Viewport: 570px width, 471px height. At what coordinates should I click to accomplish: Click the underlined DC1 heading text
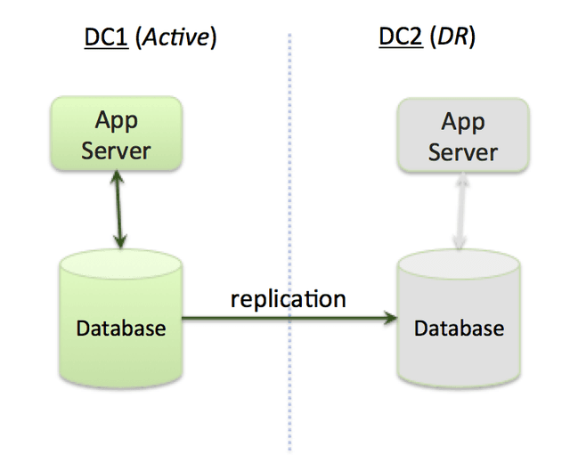tap(103, 37)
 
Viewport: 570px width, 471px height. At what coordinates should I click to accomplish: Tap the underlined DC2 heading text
tap(399, 37)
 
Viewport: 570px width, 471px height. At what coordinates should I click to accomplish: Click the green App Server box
tap(116, 134)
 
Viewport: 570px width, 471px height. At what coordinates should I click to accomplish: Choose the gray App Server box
tap(462, 135)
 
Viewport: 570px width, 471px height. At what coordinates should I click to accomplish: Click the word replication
tap(288, 298)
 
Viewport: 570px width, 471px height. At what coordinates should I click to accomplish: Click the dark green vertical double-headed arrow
tap(118, 212)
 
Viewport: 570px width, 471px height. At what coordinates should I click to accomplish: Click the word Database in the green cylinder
tap(120, 328)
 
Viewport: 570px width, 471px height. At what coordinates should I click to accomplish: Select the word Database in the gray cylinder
tap(459, 328)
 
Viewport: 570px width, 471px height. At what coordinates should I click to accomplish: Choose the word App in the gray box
tap(462, 121)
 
